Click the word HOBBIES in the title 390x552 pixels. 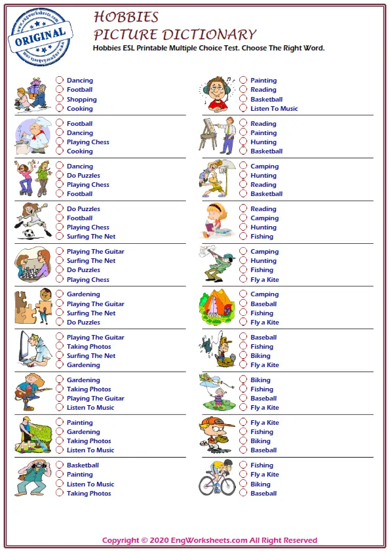(126, 17)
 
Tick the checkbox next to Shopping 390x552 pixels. (60, 100)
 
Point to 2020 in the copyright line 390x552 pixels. (165, 540)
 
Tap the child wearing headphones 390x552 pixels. (217, 94)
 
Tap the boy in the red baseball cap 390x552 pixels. (216, 433)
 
